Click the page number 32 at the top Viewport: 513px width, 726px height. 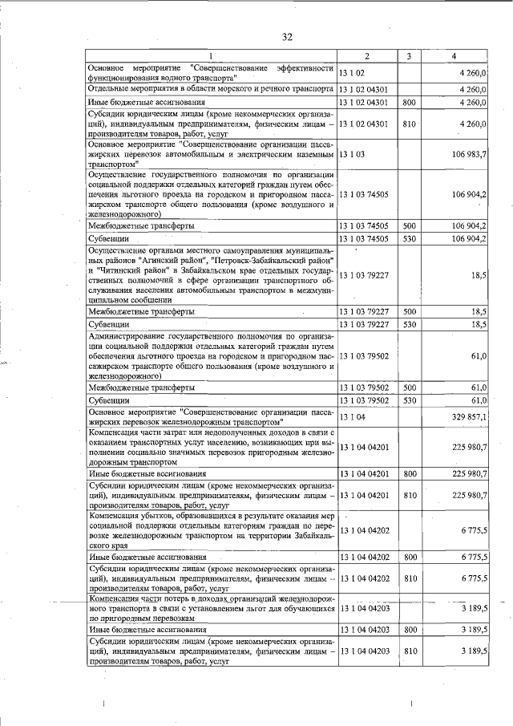288,37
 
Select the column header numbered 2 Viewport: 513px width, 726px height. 366,56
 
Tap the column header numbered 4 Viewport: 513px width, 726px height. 454,56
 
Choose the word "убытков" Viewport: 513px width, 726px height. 156,515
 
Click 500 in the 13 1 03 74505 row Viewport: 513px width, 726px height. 409,226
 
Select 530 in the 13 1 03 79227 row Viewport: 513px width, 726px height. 409,324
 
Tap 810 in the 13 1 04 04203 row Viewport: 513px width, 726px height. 409,652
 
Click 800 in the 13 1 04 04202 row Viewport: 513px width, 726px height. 409,557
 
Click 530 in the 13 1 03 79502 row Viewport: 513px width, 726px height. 409,400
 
